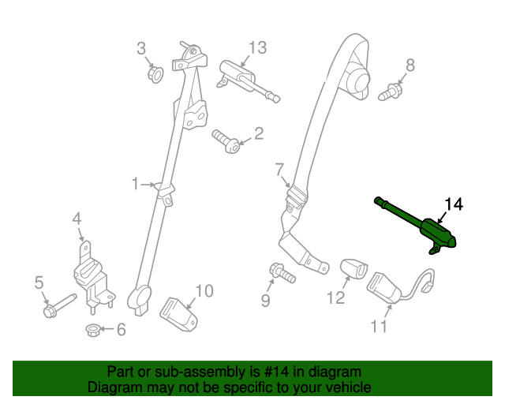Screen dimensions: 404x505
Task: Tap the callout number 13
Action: [258, 48]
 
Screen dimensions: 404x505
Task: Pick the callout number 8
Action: [410, 64]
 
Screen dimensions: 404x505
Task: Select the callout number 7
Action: [279, 168]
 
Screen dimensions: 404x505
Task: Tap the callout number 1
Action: [135, 184]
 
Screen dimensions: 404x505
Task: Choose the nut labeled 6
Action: [92, 329]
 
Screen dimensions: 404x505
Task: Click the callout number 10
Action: [204, 291]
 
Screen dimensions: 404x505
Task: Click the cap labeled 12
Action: [352, 269]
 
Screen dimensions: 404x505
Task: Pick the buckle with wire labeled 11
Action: [387, 289]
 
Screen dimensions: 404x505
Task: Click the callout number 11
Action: [380, 326]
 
